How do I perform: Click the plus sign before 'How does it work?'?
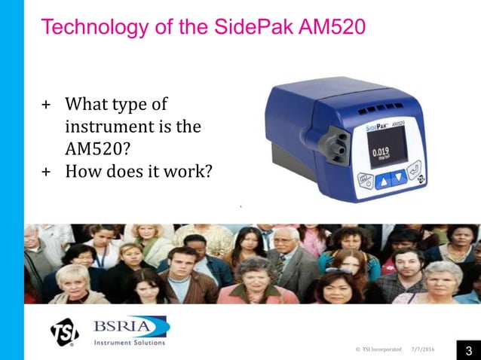pos(46,172)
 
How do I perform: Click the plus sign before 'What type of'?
pos(46,104)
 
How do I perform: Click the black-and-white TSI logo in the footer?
pos(64,332)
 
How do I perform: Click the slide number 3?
pos(468,350)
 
